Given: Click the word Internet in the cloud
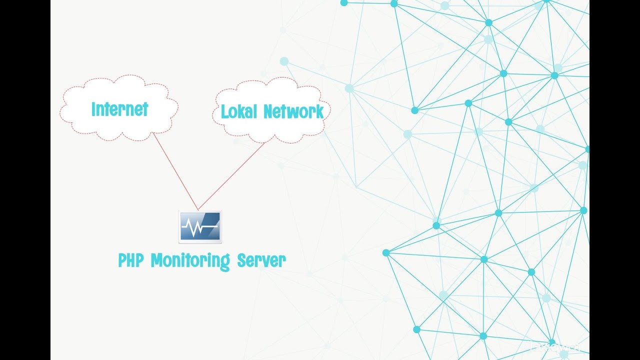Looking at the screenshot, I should (x=119, y=109).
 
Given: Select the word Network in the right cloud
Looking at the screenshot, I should (x=294, y=111).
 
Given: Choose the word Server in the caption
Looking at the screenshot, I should (x=261, y=260).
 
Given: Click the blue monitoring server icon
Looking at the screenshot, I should (x=200, y=227).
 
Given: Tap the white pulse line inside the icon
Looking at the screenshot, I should (x=199, y=229).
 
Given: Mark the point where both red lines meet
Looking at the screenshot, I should (x=198, y=209).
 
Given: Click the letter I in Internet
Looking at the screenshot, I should (x=93, y=109).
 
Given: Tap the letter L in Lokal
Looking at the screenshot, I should (x=224, y=111).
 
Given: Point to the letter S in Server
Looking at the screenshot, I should (x=241, y=260).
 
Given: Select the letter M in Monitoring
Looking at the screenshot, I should (x=156, y=260).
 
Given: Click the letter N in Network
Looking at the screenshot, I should (x=268, y=111).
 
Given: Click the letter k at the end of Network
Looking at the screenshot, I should (x=319, y=111).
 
